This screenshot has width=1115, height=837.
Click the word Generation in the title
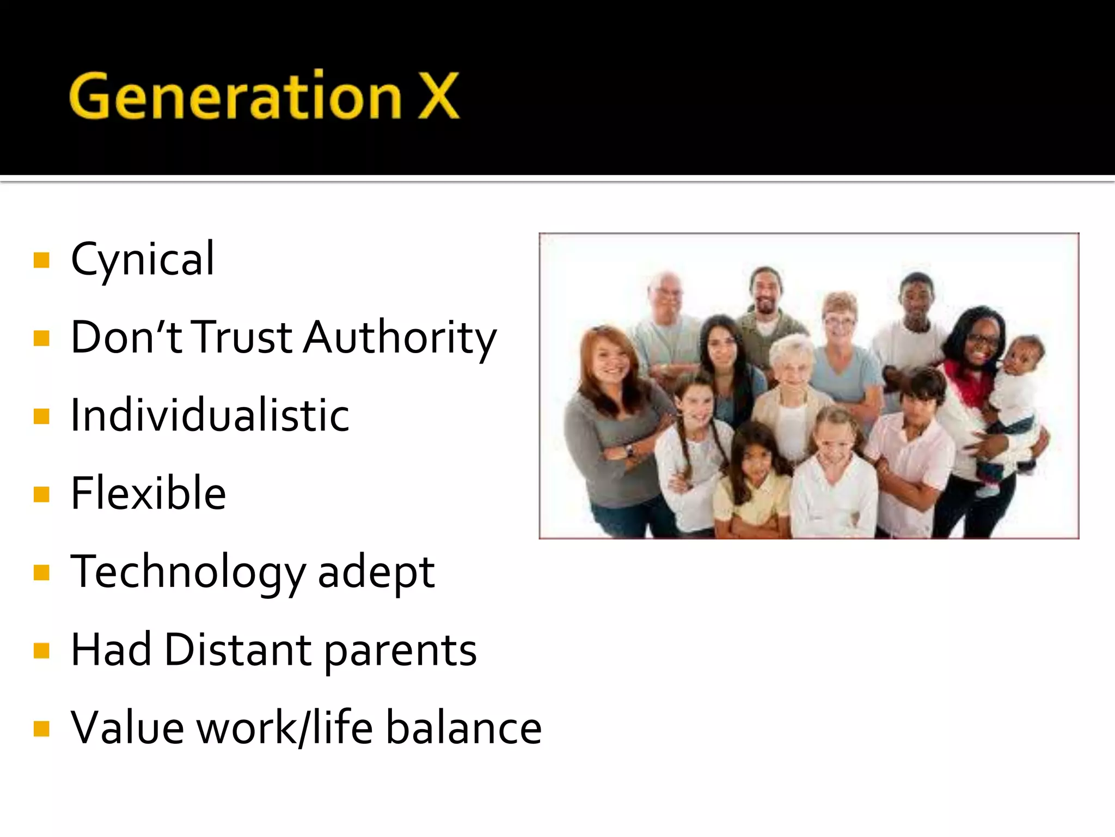click(x=235, y=96)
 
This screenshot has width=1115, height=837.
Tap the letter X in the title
click(x=438, y=96)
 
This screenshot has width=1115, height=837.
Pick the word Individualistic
click(x=210, y=415)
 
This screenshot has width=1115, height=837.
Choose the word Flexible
click(x=148, y=493)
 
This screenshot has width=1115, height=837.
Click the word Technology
click(x=188, y=572)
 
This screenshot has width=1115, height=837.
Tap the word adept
click(x=376, y=572)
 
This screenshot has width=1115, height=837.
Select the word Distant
click(x=238, y=650)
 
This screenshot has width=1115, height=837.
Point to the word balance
click(x=464, y=728)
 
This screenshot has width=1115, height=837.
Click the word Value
click(x=127, y=728)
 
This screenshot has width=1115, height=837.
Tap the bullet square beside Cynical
click(x=41, y=260)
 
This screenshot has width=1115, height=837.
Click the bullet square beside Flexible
click(x=41, y=494)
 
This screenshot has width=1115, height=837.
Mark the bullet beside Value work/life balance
click(x=41, y=729)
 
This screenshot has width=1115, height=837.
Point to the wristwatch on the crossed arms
click(x=629, y=450)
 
